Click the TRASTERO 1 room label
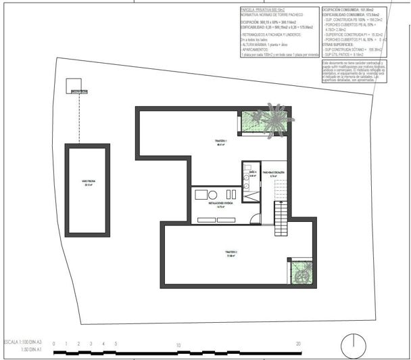(221, 142)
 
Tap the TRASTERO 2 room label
(230, 254)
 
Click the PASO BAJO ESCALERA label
(273, 174)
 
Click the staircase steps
(281, 217)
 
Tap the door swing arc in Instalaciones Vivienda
(254, 218)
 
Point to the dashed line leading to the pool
(80, 118)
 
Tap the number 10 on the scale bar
(178, 344)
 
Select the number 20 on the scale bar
(298, 344)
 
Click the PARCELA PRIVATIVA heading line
(264, 10)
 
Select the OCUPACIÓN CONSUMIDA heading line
(346, 10)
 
